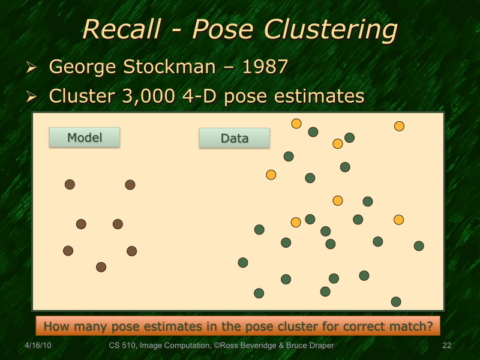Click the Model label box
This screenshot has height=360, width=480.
[84, 137]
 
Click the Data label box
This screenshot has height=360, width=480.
[234, 138]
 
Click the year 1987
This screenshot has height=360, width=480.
[263, 67]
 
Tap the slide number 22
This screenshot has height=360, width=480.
[446, 346]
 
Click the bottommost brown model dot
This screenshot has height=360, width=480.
[101, 267]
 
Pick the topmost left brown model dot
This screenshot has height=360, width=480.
[70, 184]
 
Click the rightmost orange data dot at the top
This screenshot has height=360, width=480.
[399, 126]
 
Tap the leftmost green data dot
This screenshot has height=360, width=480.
[243, 262]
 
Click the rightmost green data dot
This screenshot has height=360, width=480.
[419, 245]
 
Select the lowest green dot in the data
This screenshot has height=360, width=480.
[395, 301]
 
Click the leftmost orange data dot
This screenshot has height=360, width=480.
[271, 175]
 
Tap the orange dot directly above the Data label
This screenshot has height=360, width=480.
[296, 124]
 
